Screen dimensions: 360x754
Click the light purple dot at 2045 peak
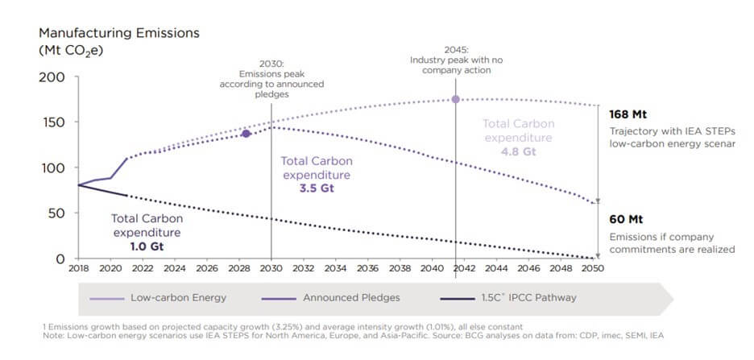(x=456, y=99)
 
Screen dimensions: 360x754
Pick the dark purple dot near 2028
(x=246, y=134)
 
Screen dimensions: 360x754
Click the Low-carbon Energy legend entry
(x=169, y=297)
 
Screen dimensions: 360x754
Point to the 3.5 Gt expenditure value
(x=315, y=188)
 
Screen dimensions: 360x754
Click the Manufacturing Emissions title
(x=119, y=34)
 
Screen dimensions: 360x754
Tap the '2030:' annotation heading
(x=271, y=63)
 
